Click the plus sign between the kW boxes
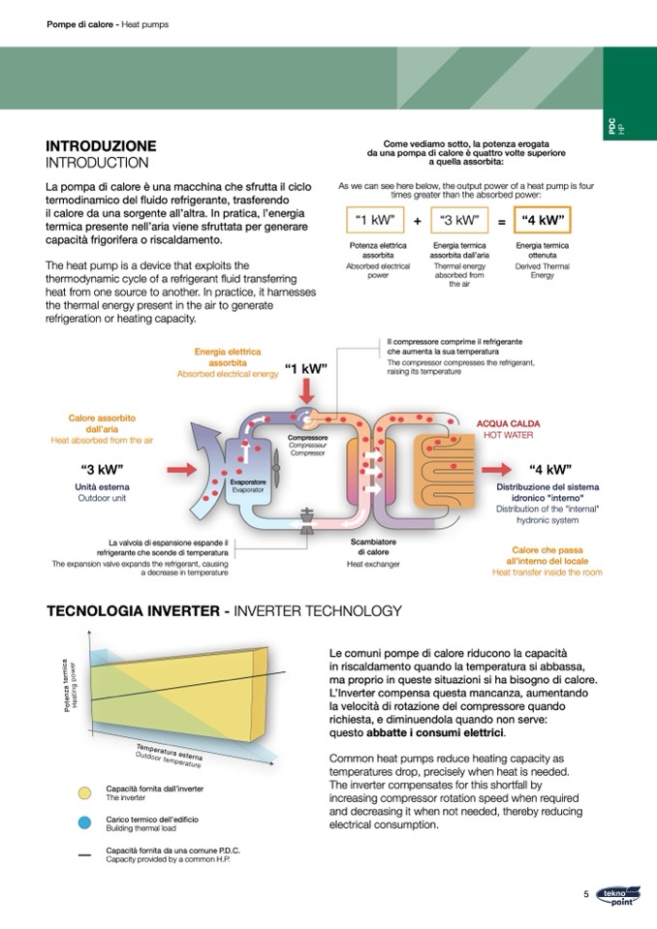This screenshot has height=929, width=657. [418, 221]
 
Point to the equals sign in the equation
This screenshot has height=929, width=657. [501, 221]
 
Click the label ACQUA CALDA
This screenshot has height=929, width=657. [509, 424]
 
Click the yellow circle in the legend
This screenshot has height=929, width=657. [84, 793]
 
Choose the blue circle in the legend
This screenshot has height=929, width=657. [84, 822]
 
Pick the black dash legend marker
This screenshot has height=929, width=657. [84, 853]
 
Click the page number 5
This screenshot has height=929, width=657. [586, 894]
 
